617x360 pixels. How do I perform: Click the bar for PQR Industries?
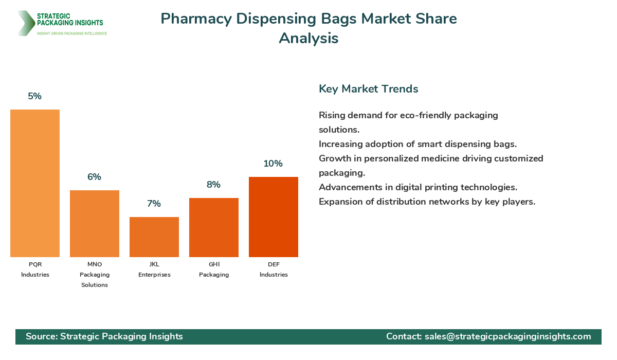click(35, 183)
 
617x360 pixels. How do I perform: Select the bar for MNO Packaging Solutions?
click(95, 224)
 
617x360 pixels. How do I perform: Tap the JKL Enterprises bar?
click(154, 237)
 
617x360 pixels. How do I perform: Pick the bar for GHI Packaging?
click(214, 227)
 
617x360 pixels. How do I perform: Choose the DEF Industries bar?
click(274, 217)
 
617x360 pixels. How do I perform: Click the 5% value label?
click(35, 96)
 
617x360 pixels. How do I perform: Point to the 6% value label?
click(95, 177)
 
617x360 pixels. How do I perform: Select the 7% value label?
click(154, 204)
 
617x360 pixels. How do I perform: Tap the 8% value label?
click(214, 185)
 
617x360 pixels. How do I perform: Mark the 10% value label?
click(274, 164)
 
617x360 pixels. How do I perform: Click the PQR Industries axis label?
click(35, 269)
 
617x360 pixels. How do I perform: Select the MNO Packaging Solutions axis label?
click(95, 275)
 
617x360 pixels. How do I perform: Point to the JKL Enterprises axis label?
click(154, 269)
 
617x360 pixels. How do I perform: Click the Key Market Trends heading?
click(368, 89)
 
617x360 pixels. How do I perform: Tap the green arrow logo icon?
click(25, 23)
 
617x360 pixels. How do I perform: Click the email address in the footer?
click(508, 336)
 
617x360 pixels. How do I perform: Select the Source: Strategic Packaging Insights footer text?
click(104, 336)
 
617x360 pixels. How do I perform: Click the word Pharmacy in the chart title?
click(196, 19)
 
